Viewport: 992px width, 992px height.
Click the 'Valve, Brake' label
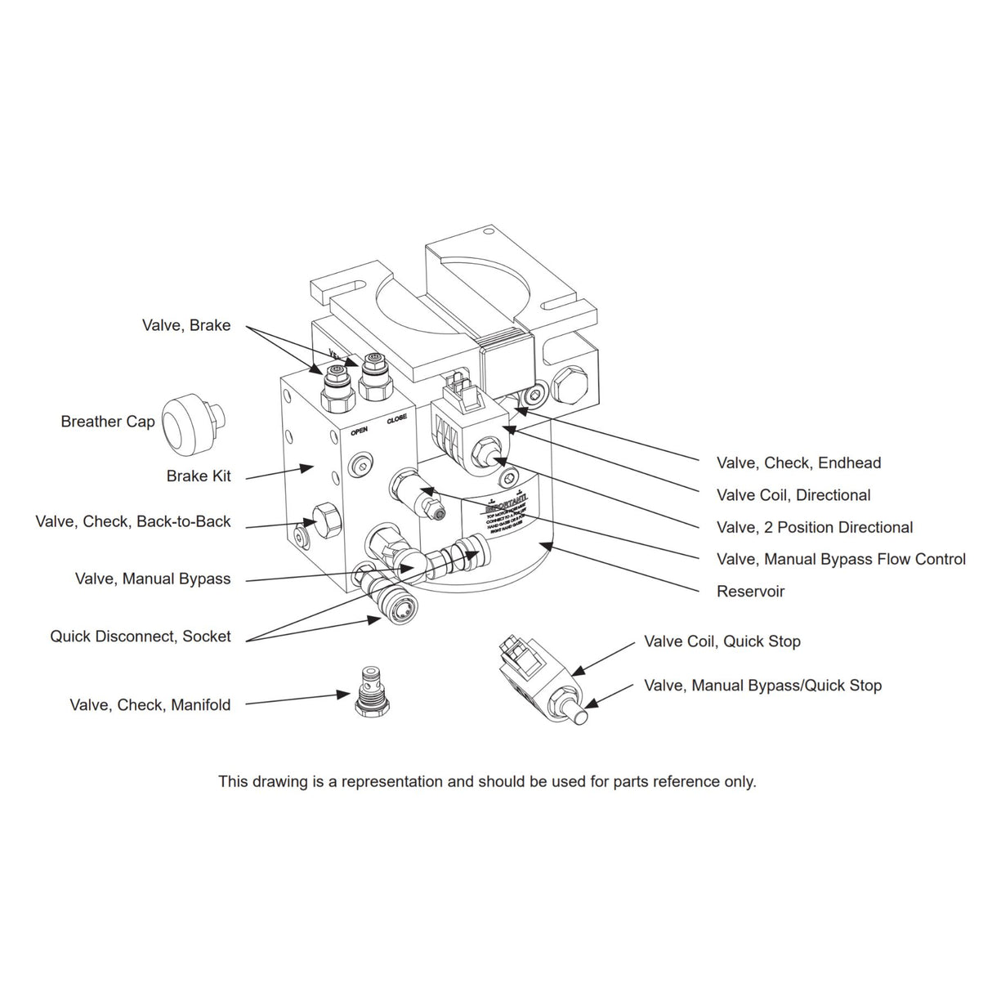coord(186,325)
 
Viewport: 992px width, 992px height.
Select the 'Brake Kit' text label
coord(199,476)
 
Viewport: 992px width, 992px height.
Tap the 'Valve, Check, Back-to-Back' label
coord(133,521)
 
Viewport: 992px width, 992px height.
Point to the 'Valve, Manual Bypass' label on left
coord(153,579)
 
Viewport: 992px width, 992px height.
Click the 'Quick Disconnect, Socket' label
coord(141,636)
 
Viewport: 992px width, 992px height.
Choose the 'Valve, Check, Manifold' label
coord(150,704)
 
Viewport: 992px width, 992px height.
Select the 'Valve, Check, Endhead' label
coord(798,462)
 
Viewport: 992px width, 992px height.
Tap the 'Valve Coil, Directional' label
coord(793,495)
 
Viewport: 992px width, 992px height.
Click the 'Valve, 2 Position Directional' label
coord(815,527)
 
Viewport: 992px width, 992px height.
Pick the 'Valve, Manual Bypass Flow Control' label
coord(841,559)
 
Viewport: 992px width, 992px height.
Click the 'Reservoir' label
coord(750,591)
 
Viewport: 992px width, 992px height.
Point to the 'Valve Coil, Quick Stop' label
coord(722,641)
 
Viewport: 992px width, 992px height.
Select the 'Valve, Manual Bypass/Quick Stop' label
coord(762,686)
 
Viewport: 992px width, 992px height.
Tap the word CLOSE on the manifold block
coord(397,418)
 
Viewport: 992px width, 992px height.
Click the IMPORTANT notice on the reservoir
coord(507,508)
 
